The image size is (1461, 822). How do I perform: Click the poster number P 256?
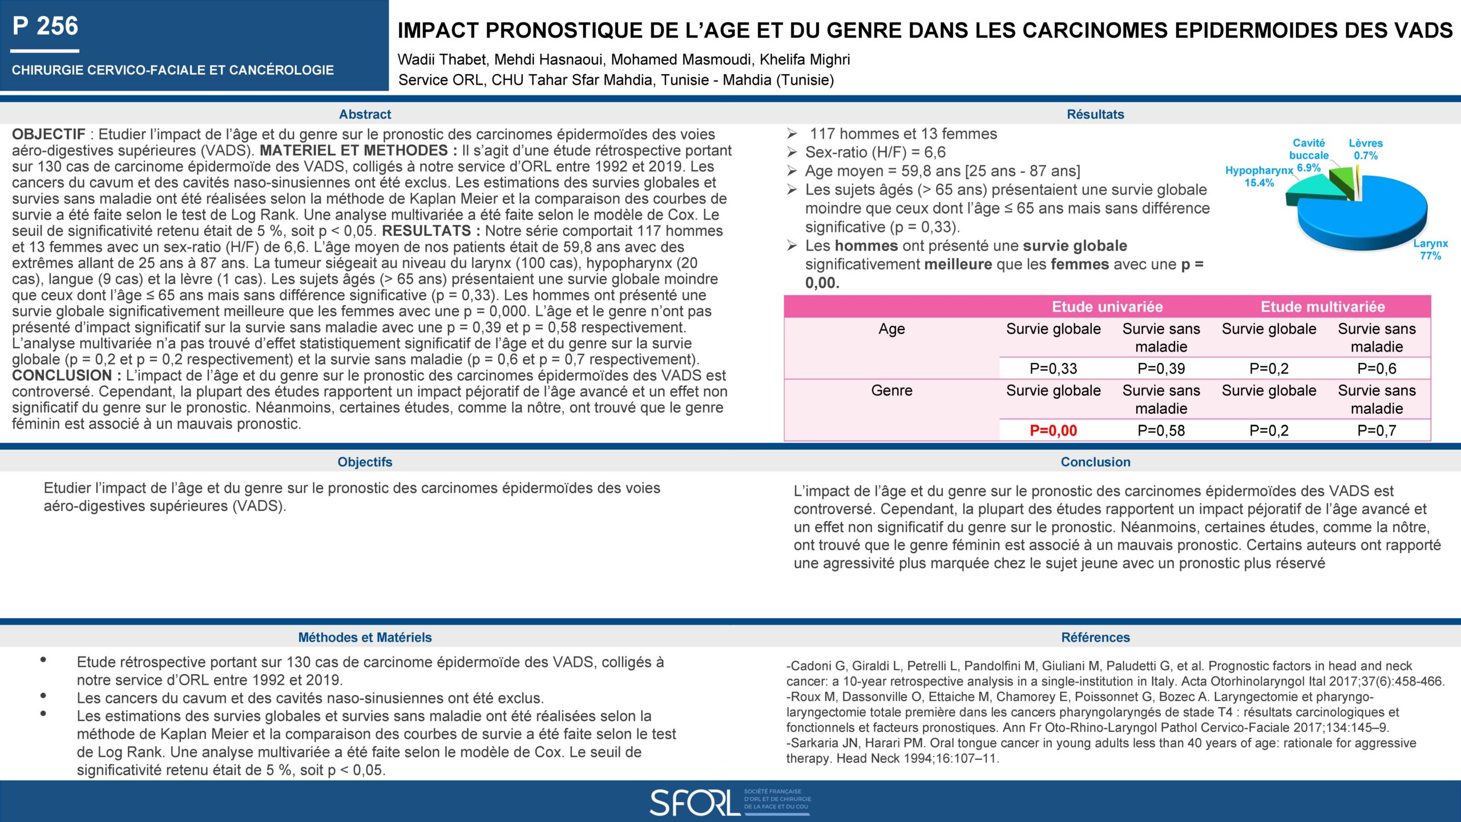[x=46, y=26]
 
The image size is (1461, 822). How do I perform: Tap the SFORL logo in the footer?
[x=730, y=802]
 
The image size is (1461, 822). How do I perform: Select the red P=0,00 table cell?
[x=1053, y=430]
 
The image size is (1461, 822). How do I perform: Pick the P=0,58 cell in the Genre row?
[x=1161, y=430]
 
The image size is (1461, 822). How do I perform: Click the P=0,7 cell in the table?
[x=1377, y=430]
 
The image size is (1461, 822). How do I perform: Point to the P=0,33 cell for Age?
[x=1053, y=369]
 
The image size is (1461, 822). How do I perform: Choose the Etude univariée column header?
[x=1107, y=307]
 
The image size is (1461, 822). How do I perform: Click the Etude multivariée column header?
[x=1322, y=307]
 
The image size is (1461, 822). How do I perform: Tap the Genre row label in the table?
[x=891, y=390]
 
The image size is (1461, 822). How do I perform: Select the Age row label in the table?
[x=891, y=329]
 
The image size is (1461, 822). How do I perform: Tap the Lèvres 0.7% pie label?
[x=1366, y=149]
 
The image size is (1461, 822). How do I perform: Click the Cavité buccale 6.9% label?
[x=1309, y=150]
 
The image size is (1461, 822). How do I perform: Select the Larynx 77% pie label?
[x=1430, y=249]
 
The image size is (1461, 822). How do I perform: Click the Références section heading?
[x=1095, y=638]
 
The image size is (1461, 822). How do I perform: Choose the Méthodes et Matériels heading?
[x=365, y=638]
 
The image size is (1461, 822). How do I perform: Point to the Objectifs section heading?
[x=365, y=462]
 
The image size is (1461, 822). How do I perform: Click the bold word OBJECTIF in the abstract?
[x=49, y=134]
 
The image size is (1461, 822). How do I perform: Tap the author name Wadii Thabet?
[x=442, y=59]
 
